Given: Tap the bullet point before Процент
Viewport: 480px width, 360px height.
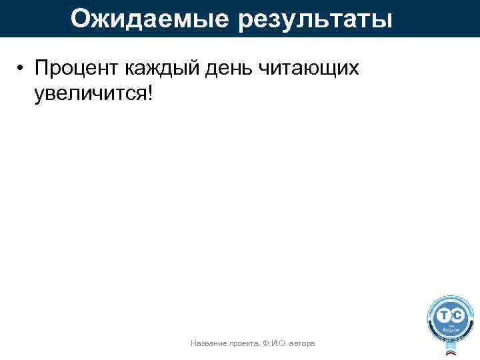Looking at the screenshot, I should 22,69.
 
